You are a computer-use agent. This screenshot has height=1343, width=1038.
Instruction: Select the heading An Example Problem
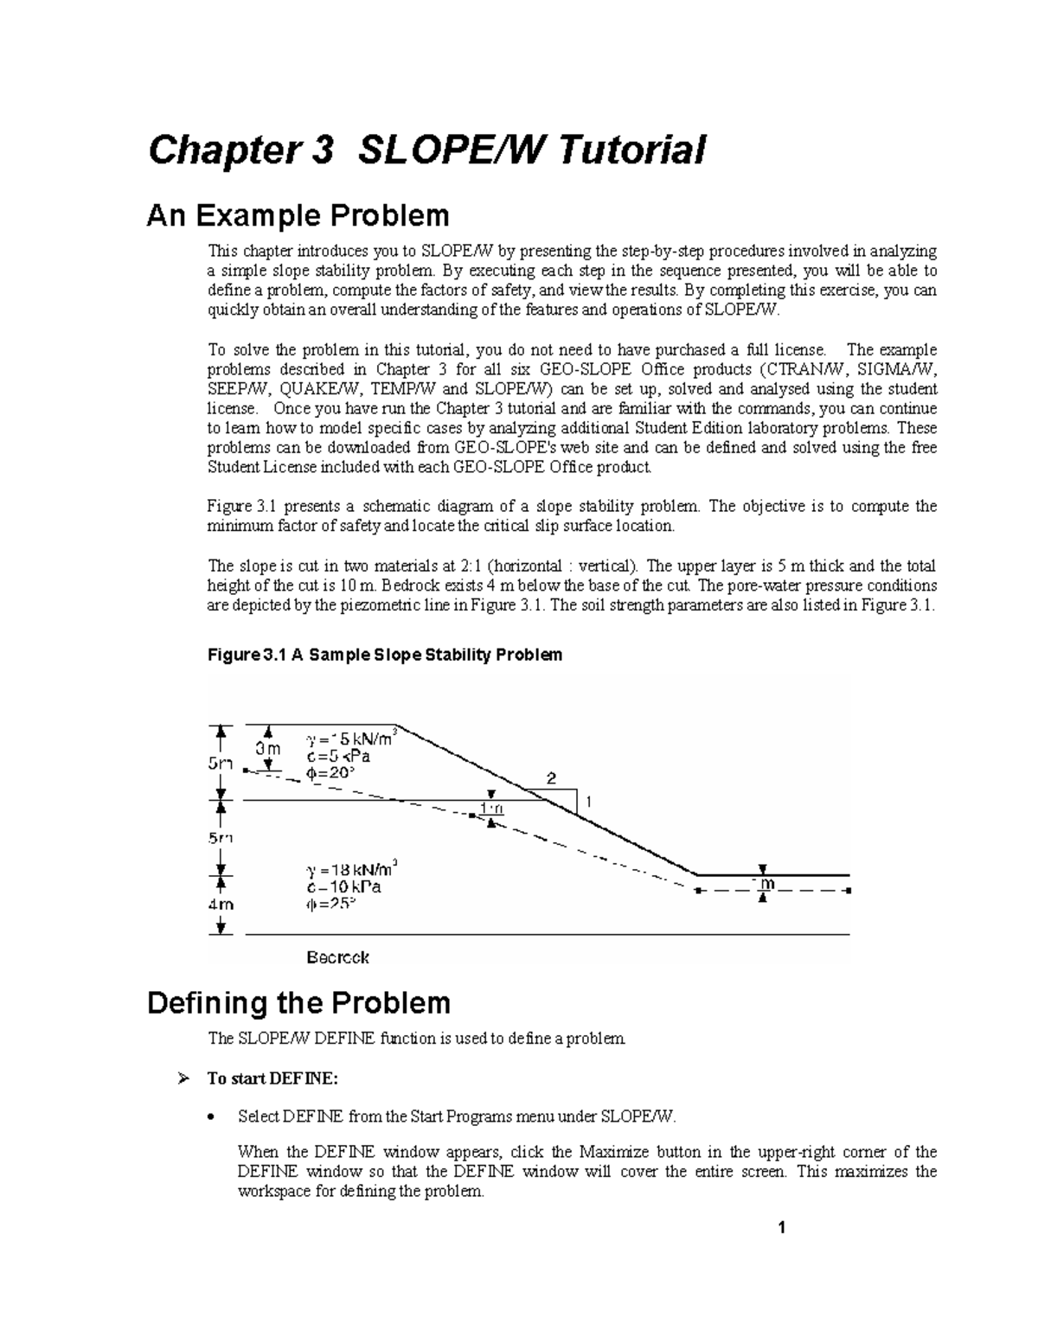click(x=298, y=214)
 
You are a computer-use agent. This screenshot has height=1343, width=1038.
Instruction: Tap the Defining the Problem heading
click(x=299, y=1003)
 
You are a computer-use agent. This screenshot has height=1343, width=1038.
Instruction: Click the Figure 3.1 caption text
click(x=385, y=655)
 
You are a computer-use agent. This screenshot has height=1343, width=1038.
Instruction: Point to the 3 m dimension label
click(x=267, y=747)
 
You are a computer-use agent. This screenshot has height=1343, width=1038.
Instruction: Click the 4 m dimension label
click(x=220, y=904)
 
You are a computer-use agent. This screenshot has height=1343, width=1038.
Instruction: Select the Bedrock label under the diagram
click(x=338, y=957)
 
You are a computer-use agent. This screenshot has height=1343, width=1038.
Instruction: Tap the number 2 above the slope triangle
click(x=550, y=777)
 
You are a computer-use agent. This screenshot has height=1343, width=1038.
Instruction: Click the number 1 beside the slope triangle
click(x=589, y=802)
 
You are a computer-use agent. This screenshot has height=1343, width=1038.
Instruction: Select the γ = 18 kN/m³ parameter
click(x=352, y=869)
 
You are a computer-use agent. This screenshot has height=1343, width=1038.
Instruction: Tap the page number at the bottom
click(x=780, y=1227)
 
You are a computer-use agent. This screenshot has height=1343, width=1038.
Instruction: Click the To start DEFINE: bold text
click(x=266, y=1078)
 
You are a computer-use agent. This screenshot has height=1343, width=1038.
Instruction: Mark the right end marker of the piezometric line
click(x=849, y=890)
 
